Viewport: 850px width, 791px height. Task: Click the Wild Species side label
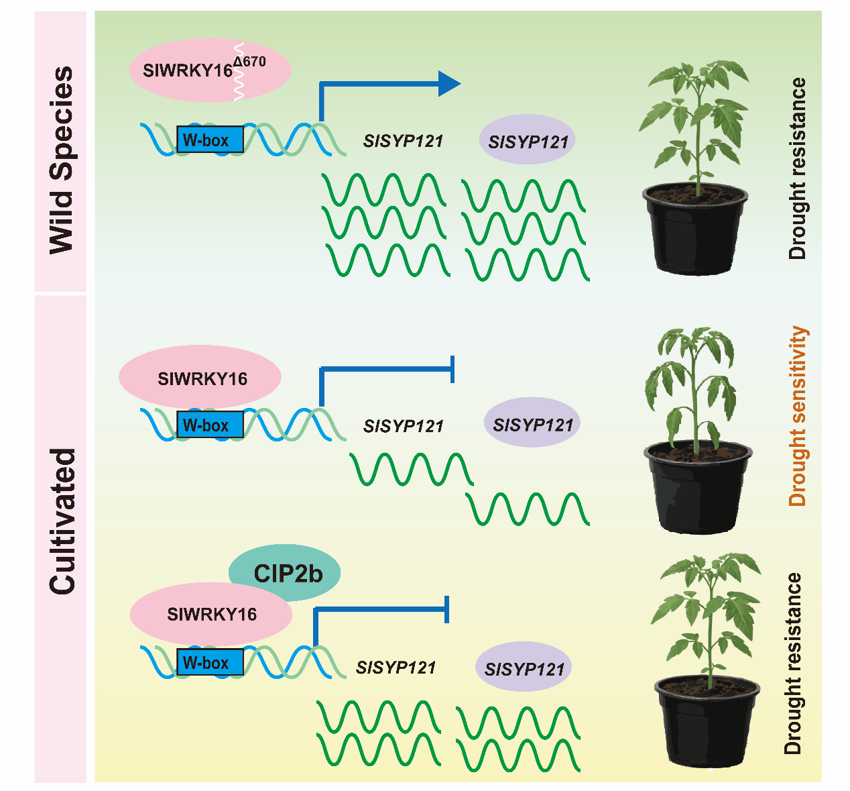coord(61,159)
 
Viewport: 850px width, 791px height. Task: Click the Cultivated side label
coord(62,521)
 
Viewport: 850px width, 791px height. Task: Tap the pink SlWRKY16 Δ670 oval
coord(201,70)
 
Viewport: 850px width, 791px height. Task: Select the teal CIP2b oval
coord(285,573)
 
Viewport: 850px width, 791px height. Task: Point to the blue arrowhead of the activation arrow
coord(449,84)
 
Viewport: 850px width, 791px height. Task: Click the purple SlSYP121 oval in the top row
coord(528,140)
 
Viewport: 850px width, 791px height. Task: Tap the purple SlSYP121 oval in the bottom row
coord(524,668)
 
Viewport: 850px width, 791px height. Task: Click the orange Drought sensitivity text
coord(798,416)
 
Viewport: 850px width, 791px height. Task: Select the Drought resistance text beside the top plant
coord(797,168)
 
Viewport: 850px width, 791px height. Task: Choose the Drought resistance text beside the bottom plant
coord(792,664)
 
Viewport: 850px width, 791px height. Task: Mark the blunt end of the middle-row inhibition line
coord(453,368)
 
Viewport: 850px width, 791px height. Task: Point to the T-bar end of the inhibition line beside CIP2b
coord(447,609)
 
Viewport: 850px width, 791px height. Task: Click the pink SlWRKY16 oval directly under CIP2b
coord(211,615)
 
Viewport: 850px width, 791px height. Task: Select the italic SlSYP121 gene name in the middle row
coord(404,426)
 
